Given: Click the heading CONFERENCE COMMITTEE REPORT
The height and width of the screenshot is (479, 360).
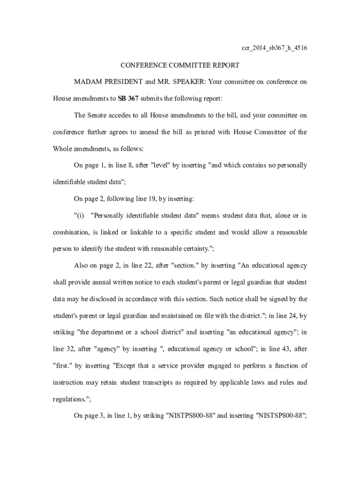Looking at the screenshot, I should [x=180, y=65].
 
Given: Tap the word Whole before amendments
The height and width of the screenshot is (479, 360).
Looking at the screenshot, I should [x=63, y=148].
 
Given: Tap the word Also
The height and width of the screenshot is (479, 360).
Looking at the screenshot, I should [x=82, y=265].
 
